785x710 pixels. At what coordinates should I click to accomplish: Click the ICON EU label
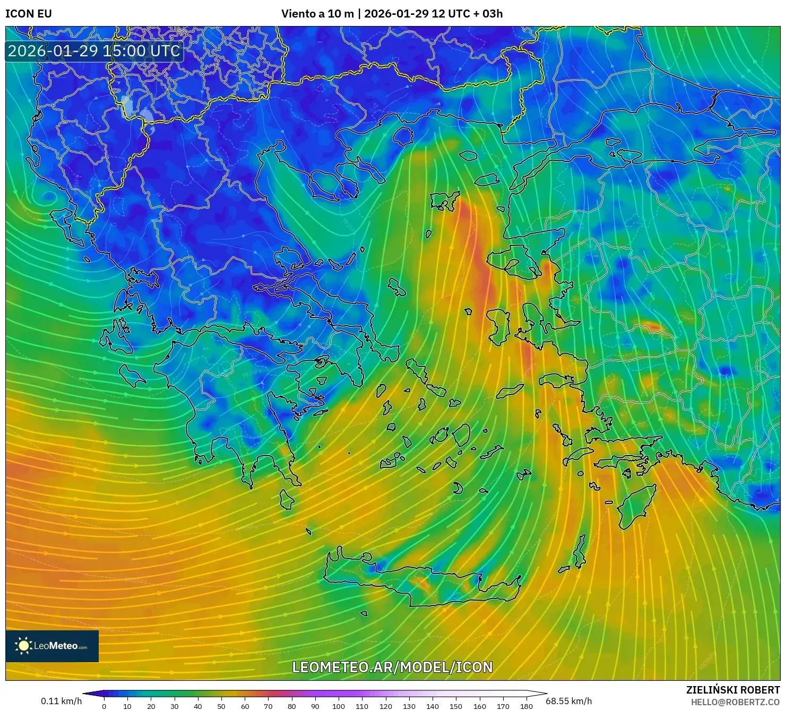pos(29,14)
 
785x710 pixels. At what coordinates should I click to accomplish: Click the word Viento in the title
pos(298,14)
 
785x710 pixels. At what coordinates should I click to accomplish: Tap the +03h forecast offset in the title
pos(492,14)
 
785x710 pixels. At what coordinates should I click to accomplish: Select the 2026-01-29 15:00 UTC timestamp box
pos(94,51)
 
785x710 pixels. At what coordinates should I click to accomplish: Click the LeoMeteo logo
pos(52,646)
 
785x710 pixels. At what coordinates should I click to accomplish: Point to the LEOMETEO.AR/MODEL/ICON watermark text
pos(392,667)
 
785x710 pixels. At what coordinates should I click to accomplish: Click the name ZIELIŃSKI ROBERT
pos(733,690)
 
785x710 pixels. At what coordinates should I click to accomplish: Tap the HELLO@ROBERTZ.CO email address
pos(735,702)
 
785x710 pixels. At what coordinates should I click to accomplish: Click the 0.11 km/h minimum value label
pos(61,701)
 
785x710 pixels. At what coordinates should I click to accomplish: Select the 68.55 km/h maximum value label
pos(568,701)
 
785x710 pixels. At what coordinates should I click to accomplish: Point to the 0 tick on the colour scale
pos(104,706)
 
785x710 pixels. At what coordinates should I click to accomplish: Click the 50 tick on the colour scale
pos(221,706)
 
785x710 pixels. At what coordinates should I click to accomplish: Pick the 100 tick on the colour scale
pos(339,706)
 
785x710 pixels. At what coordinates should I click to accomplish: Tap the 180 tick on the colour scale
pos(526,706)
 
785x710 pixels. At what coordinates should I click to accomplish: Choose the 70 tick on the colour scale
pos(268,706)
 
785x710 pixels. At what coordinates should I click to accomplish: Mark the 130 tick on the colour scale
pos(409,706)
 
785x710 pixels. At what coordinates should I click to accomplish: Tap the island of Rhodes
pos(635,504)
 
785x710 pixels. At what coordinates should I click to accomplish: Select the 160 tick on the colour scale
pos(479,706)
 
